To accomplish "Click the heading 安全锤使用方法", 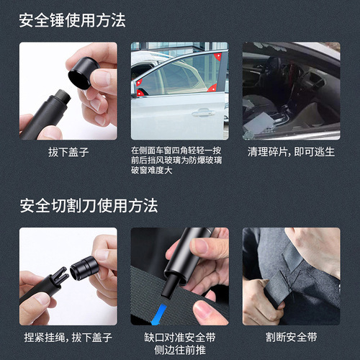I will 73,20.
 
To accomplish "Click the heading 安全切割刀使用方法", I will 89,206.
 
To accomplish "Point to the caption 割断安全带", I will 291,337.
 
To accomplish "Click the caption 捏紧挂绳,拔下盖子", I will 58,337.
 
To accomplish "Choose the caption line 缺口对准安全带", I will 179,336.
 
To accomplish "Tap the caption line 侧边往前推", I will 179,348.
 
